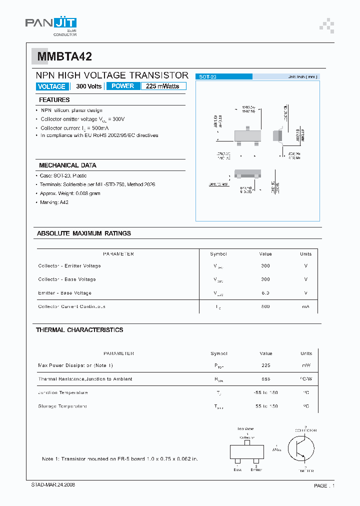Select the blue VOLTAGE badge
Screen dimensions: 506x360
click(x=51, y=86)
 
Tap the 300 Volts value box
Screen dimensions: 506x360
click(x=88, y=86)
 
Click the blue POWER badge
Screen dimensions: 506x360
click(x=122, y=86)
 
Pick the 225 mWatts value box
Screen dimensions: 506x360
click(x=163, y=86)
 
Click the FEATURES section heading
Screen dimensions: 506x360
click(x=54, y=100)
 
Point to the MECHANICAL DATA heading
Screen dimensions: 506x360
click(x=67, y=165)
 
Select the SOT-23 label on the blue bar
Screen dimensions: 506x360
click(x=207, y=77)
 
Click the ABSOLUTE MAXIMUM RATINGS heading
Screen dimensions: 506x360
click(x=84, y=233)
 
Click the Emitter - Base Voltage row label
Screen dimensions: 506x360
click(x=64, y=293)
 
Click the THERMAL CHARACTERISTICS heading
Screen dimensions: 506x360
click(x=79, y=330)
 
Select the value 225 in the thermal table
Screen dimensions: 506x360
click(x=265, y=365)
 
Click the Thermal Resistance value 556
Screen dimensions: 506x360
click(x=265, y=379)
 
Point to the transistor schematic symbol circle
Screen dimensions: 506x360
click(x=304, y=448)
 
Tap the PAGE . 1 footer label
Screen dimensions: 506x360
click(x=324, y=485)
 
